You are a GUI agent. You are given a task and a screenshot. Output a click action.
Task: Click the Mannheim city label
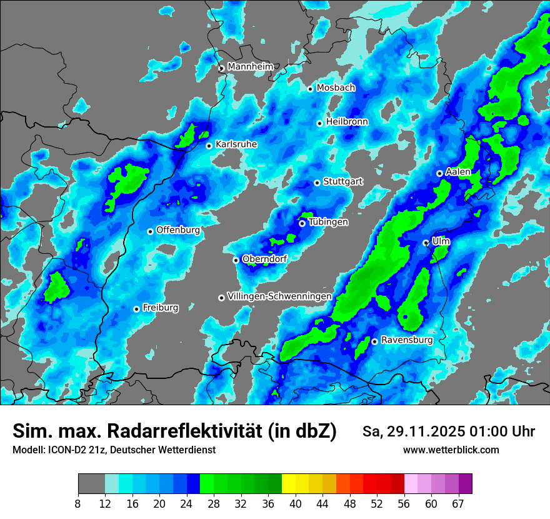pyautogui.click(x=251, y=66)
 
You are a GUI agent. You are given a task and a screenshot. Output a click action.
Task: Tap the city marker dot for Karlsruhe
pyautogui.click(x=209, y=146)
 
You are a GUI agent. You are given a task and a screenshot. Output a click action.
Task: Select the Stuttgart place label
pyautogui.click(x=343, y=182)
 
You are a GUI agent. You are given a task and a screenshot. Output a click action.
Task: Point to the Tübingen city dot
pyautogui.click(x=302, y=223)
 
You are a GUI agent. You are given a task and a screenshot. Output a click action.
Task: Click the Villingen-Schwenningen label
pyautogui.click(x=279, y=296)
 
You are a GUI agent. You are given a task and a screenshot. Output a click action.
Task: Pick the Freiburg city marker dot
pyautogui.click(x=136, y=309)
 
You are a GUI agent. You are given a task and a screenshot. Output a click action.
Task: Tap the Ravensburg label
pyautogui.click(x=407, y=340)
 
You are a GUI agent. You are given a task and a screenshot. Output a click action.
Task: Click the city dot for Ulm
pyautogui.click(x=426, y=243)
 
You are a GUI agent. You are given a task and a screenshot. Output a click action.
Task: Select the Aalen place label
pyautogui.click(x=458, y=172)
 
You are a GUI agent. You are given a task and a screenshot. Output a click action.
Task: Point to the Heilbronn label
pyautogui.click(x=347, y=122)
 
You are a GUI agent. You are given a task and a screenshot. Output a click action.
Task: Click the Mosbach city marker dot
pyautogui.click(x=310, y=89)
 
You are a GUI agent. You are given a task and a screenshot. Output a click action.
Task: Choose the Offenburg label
pyautogui.click(x=178, y=230)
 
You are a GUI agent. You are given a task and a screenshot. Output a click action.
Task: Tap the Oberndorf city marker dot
pyautogui.click(x=236, y=260)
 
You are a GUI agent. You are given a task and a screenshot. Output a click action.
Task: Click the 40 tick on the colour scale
pyautogui.click(x=296, y=503)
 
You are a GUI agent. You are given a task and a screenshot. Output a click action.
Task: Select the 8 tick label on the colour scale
pyautogui.click(x=78, y=503)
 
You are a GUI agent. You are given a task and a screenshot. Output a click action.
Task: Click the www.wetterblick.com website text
pyautogui.click(x=451, y=450)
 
